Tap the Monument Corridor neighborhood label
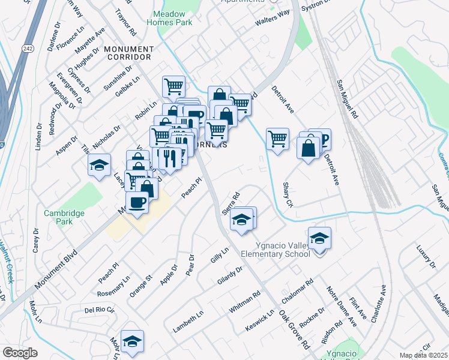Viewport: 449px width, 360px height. click(x=127, y=53)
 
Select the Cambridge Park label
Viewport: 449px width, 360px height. click(x=64, y=217)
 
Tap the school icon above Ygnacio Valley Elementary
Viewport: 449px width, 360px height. click(x=320, y=239)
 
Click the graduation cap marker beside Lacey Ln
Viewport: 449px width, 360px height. click(x=99, y=166)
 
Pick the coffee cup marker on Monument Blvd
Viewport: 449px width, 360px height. click(x=137, y=203)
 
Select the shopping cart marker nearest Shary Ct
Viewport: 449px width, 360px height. click(x=277, y=139)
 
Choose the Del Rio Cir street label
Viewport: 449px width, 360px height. click(x=100, y=310)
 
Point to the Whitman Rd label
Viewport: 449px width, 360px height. click(x=245, y=304)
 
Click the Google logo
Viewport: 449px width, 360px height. click(x=20, y=352)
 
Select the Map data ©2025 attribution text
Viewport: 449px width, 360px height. click(x=423, y=355)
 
